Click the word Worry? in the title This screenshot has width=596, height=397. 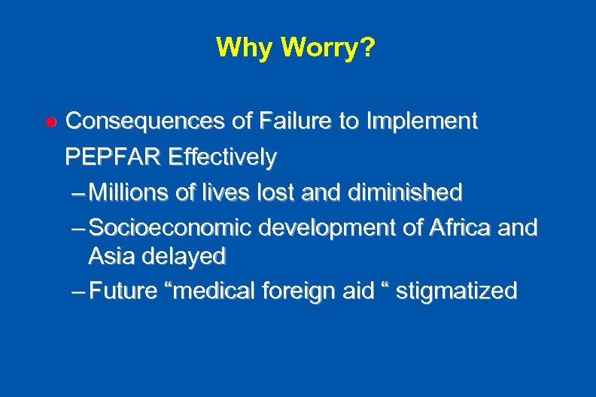pos(329,48)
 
